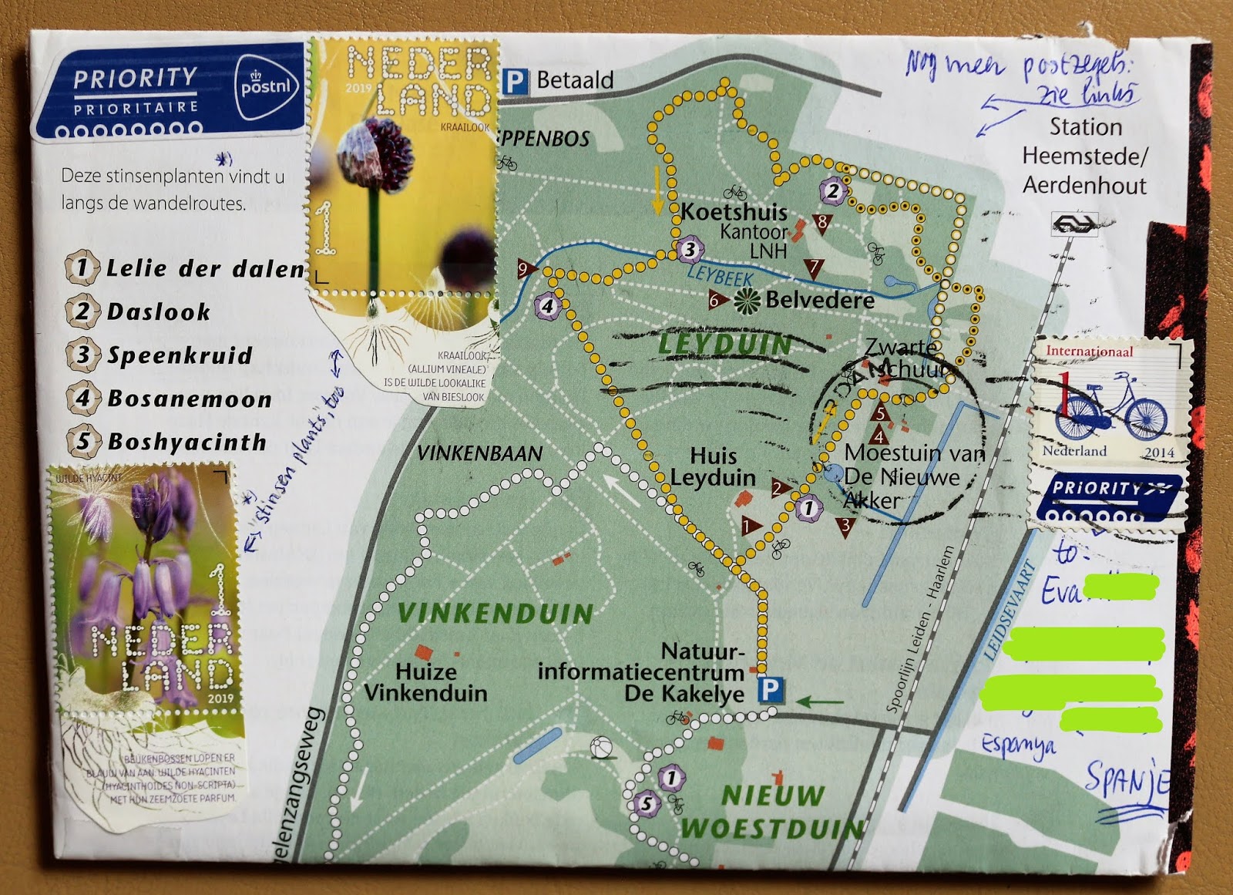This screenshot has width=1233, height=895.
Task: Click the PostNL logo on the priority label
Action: point(265,86)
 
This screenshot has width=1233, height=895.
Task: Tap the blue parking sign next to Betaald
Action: point(515,81)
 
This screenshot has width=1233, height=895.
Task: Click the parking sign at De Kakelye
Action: point(770,688)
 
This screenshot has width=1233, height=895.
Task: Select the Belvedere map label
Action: point(819,300)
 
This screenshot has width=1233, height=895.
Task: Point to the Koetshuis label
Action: point(734,212)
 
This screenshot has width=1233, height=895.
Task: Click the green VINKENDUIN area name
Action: point(496,614)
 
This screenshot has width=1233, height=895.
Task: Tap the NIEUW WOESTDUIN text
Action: point(773,813)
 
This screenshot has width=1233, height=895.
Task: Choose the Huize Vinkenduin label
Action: point(425,682)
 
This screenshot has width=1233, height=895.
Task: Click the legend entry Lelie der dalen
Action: point(204,268)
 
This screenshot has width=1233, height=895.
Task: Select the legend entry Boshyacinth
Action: point(186,442)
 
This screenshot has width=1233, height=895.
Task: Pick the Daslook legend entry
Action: point(158,311)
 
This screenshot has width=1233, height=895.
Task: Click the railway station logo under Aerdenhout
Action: point(1073,224)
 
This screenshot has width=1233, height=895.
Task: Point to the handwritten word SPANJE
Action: point(1127,780)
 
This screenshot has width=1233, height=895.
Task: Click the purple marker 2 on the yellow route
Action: point(832,190)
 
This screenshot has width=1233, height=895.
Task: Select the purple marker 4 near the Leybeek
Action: point(547,306)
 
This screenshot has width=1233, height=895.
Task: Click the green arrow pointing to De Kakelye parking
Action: point(819,702)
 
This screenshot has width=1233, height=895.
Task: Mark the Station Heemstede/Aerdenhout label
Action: point(1084,156)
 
